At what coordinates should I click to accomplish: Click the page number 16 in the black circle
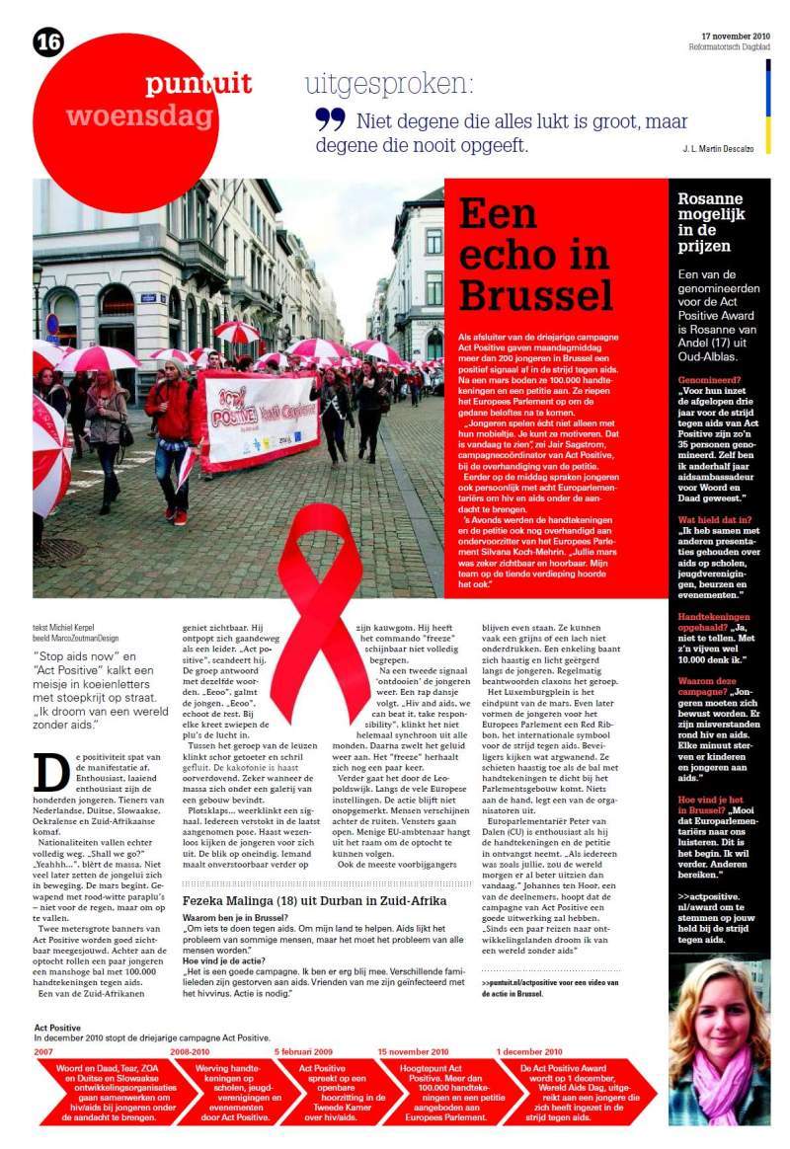point(47,41)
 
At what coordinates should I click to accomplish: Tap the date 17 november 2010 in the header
point(735,37)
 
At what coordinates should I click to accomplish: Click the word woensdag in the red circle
point(139,116)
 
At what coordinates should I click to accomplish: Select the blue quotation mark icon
point(330,119)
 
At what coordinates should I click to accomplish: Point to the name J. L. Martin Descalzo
point(718,148)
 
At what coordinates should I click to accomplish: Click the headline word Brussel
point(536,293)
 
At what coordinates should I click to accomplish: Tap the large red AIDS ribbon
point(319,612)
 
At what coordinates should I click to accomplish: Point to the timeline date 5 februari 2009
point(303,1052)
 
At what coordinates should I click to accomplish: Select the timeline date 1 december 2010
point(529,1052)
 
